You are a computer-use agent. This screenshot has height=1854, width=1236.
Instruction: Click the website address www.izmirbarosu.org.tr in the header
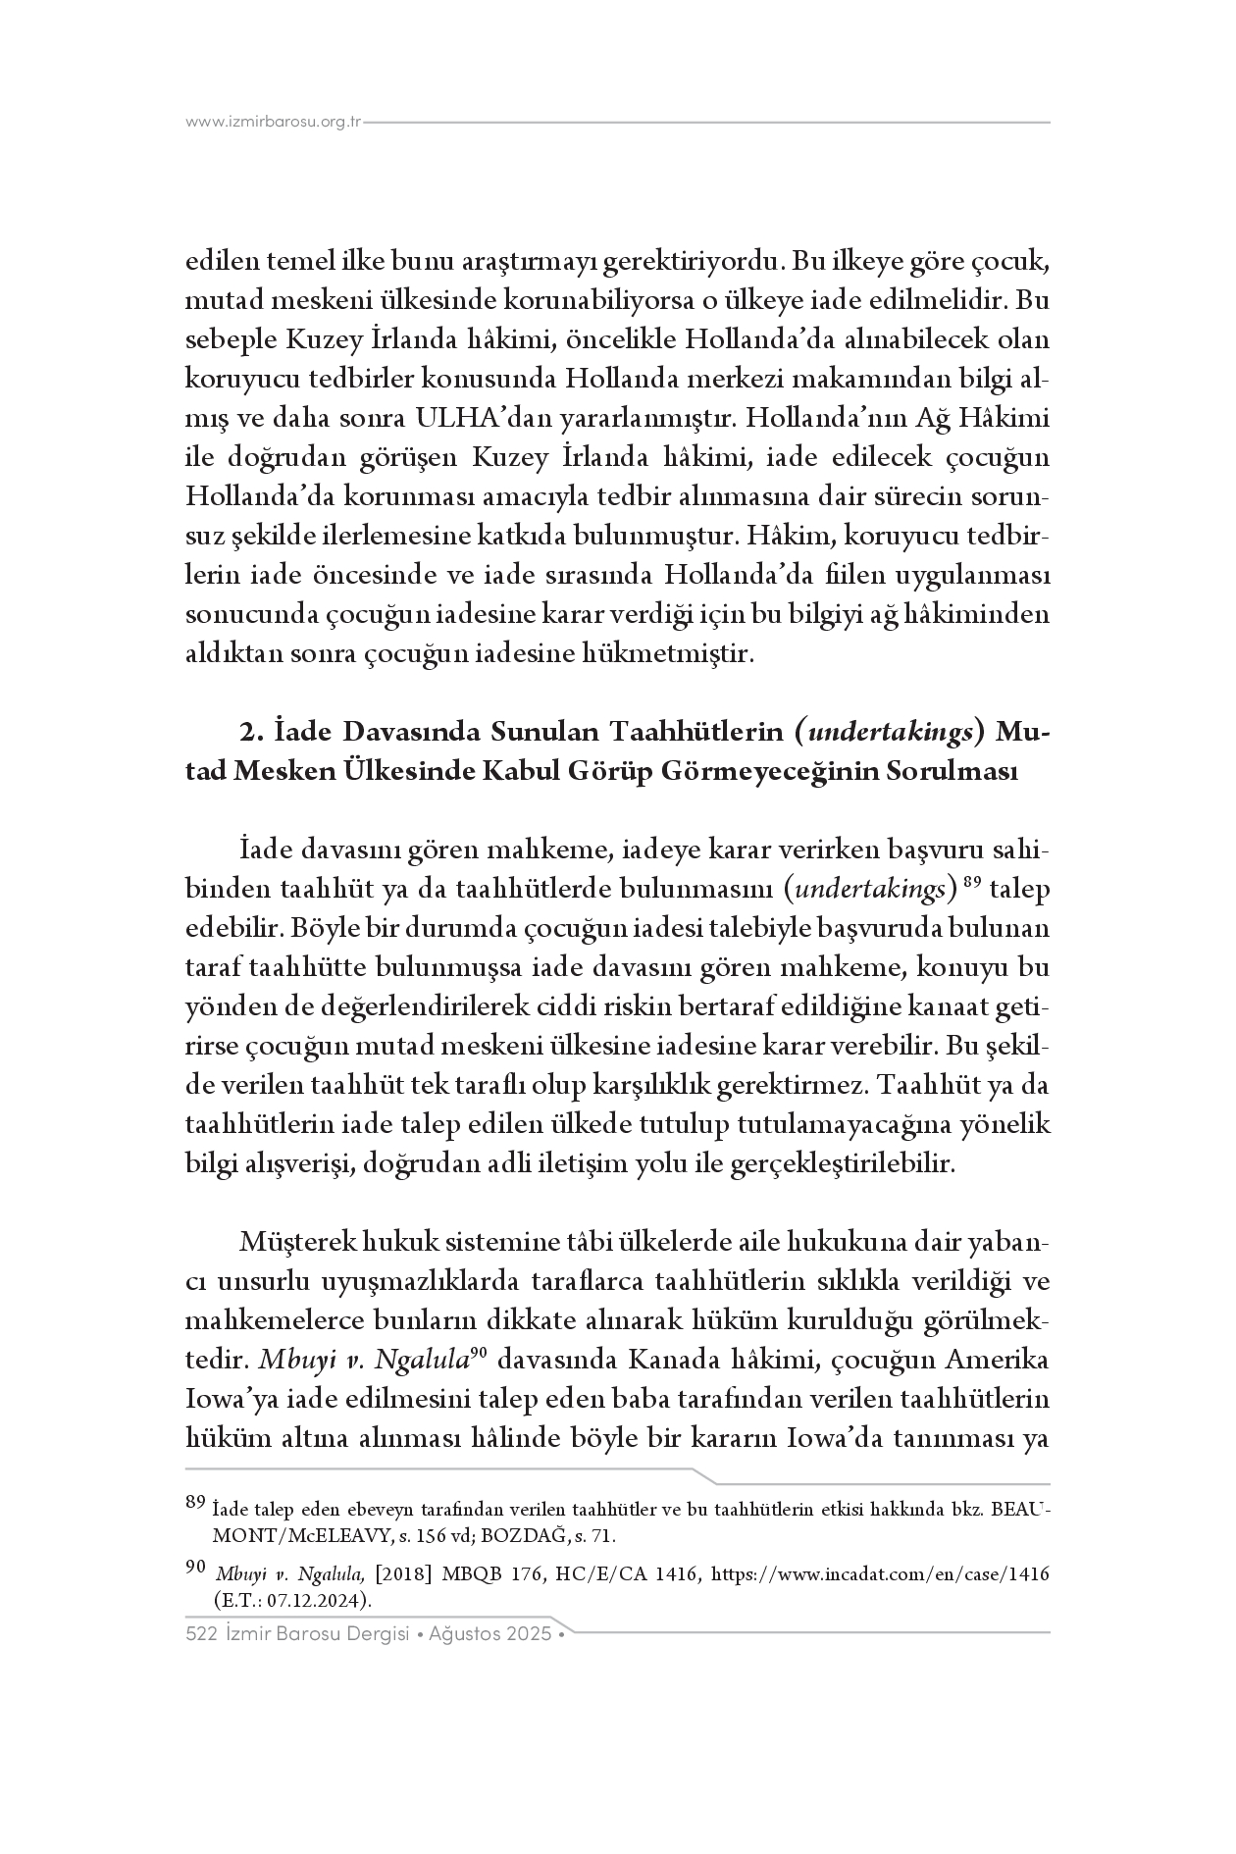tap(274, 123)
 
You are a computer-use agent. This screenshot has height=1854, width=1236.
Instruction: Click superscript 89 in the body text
tap(972, 882)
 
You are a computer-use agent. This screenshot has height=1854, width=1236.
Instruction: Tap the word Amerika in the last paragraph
tap(998, 1361)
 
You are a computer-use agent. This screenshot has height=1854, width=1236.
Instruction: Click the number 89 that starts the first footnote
tap(195, 1501)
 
